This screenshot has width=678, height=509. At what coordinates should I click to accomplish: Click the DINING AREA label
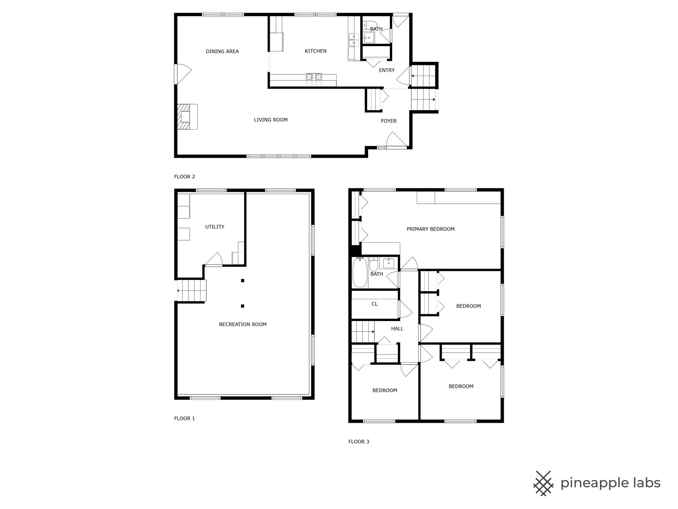coord(222,51)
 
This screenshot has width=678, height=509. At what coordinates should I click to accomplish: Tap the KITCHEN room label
coord(315,51)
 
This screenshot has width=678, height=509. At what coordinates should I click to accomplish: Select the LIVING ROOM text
coord(271,120)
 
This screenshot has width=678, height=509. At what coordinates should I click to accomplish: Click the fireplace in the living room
coord(186,116)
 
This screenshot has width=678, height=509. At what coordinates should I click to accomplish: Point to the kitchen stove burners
coord(314,76)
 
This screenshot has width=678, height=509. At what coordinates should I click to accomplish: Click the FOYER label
coord(388,121)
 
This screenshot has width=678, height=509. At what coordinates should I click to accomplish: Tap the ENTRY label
coord(387,70)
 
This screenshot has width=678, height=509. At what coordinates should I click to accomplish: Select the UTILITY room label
coord(215,227)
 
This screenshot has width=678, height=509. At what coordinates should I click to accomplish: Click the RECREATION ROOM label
coord(242,324)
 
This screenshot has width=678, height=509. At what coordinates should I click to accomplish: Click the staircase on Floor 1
coord(192,290)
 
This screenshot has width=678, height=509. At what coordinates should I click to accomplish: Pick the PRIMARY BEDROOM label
coord(430,229)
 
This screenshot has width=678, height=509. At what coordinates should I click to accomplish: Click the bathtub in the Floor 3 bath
coord(360,273)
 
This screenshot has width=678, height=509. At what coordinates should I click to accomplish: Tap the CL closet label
coord(374,304)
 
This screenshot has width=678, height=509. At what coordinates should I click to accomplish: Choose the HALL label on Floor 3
coord(397,328)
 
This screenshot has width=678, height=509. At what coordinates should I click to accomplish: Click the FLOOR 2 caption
coord(185,177)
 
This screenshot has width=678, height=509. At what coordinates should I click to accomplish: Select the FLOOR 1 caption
coord(185,419)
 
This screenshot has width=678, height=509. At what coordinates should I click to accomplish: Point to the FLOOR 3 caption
coord(359,442)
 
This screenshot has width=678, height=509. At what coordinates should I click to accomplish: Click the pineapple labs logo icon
coord(543,483)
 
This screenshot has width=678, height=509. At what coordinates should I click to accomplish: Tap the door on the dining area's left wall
coord(183,74)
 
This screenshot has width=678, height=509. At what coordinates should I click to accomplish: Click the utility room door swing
coord(214,259)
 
